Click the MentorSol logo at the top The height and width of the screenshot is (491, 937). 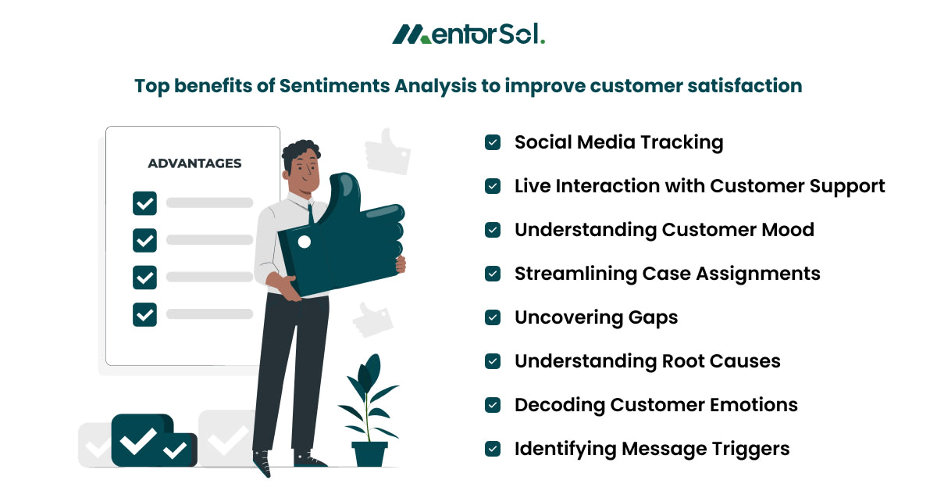point(468,34)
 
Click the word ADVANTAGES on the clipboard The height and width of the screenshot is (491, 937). point(194,163)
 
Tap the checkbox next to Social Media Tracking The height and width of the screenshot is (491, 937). point(493,142)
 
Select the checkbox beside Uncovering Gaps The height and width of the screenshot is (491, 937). point(493,317)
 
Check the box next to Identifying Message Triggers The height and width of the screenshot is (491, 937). point(493,449)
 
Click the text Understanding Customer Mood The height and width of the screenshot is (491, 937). point(664,230)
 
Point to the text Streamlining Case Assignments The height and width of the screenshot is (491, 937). point(667,274)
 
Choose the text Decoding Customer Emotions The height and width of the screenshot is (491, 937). point(656,405)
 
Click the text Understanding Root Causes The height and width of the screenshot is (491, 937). point(647,361)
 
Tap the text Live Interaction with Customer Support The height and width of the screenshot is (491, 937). point(700,186)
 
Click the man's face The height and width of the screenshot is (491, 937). point(305,167)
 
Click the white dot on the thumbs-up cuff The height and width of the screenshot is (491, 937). point(305,242)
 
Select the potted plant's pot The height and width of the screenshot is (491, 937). point(369,453)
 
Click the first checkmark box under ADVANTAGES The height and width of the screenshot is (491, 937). point(144,203)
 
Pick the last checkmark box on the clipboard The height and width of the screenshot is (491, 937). point(144,314)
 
